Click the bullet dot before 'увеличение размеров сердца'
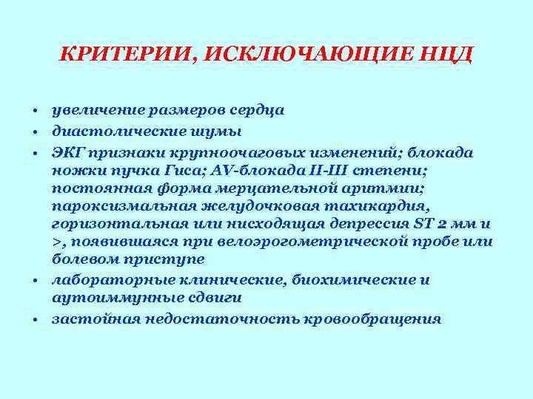pos(35,112)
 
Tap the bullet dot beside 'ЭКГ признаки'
pos(35,152)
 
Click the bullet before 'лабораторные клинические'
pos(35,282)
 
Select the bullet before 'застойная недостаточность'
pos(35,321)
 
